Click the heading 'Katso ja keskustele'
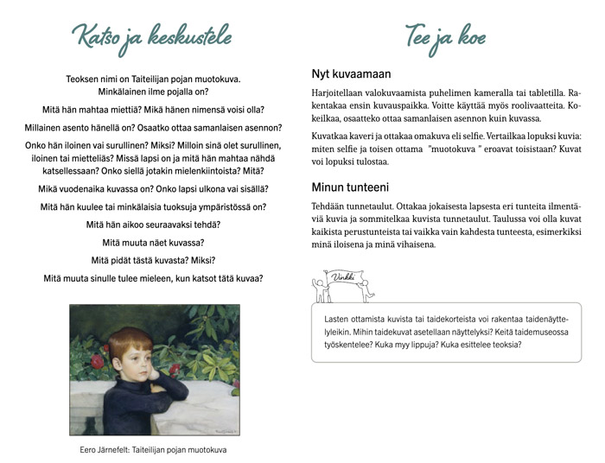click(x=153, y=37)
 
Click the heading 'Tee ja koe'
click(x=445, y=37)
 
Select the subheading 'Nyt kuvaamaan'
click(x=351, y=73)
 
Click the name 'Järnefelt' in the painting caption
click(x=124, y=449)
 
